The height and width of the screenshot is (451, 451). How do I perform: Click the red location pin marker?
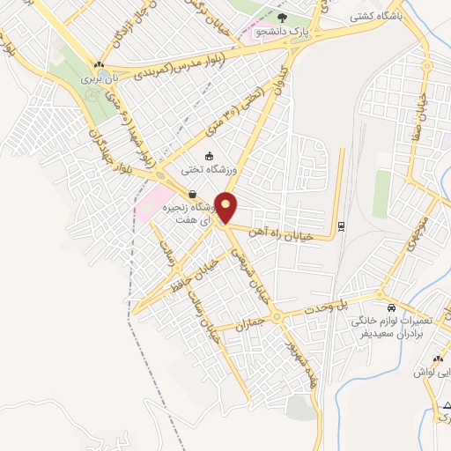[227, 208]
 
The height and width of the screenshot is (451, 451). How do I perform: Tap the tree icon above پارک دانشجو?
[281, 18]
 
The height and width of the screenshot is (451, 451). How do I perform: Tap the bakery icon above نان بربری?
[100, 64]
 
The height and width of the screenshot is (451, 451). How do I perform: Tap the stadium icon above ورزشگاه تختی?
[208, 157]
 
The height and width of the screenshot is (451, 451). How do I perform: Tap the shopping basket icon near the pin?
[192, 194]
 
